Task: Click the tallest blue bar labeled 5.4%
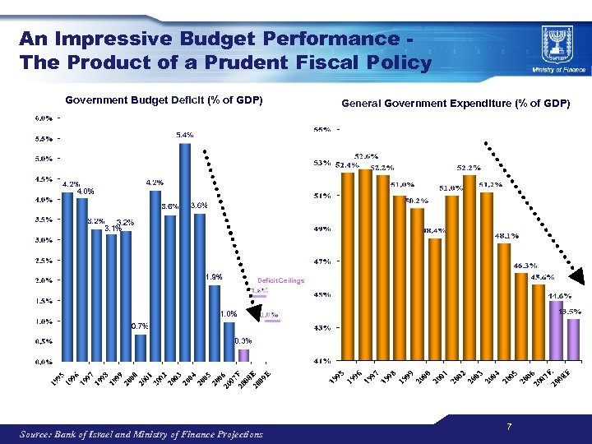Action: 185,251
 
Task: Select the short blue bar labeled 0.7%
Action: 141,347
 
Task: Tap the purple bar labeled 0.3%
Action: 243,355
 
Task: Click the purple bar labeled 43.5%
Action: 573,340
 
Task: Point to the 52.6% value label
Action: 367,156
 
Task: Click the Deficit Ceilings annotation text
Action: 280,281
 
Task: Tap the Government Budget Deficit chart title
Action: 164,100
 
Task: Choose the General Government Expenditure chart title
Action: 456,104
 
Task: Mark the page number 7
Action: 510,426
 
